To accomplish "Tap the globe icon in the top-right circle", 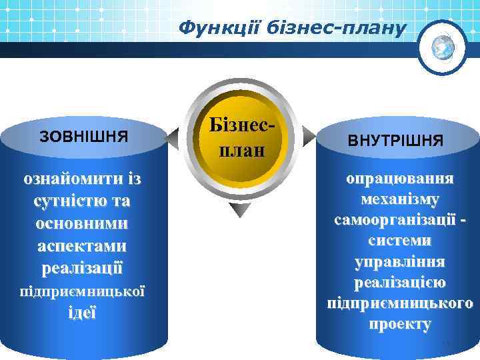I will tap(443, 47).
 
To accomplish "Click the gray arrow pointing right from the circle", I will tap(307, 138).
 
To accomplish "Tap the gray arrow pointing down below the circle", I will tap(239, 210).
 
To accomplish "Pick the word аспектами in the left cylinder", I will tap(83, 246).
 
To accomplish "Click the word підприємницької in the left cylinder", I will tap(83, 291).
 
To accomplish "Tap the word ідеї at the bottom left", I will tap(83, 312).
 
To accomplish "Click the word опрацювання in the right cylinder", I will tap(399, 179).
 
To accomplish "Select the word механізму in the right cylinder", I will tap(399, 199).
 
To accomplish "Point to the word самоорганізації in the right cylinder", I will tap(394, 219).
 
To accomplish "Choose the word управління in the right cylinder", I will tap(399, 261).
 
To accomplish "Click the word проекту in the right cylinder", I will tap(399, 324).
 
